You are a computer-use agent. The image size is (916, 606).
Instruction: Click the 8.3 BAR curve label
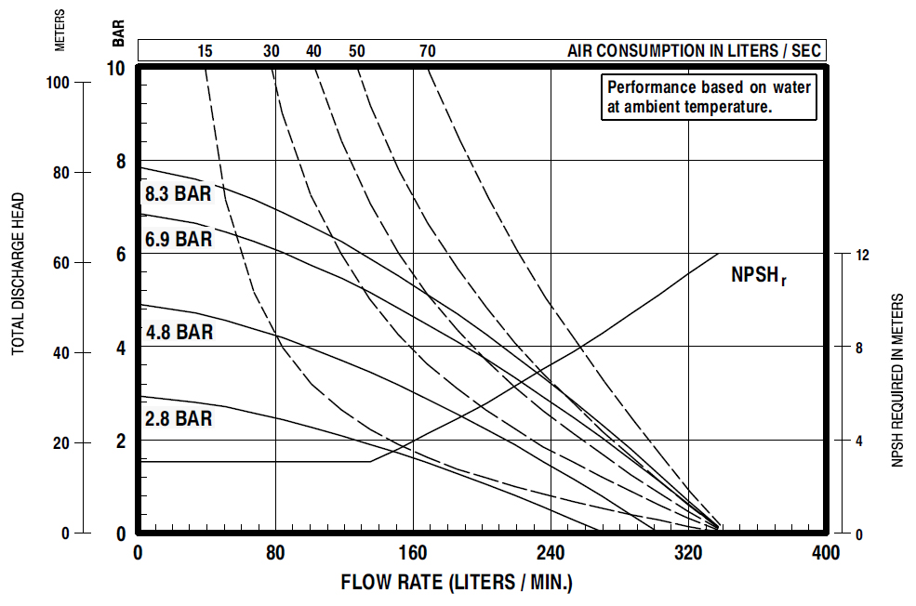(x=178, y=194)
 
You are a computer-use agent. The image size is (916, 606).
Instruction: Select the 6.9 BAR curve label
(x=179, y=239)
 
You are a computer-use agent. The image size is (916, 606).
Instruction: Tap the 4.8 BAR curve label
(x=179, y=332)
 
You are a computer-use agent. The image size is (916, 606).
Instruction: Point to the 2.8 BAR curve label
(x=179, y=418)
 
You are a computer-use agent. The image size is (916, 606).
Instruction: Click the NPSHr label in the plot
(x=759, y=275)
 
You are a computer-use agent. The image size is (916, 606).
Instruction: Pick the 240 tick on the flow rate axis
(x=551, y=553)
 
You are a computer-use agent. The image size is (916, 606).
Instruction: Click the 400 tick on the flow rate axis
(x=826, y=553)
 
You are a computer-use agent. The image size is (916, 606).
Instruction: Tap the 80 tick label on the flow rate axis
(x=275, y=553)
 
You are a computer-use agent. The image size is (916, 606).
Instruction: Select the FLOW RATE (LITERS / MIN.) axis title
(x=457, y=584)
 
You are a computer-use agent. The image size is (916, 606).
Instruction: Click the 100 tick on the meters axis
(x=58, y=82)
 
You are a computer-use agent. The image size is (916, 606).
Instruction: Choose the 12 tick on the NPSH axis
(x=861, y=254)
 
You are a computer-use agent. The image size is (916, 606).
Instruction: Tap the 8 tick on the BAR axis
(x=120, y=161)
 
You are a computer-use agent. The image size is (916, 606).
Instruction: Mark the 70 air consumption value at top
(x=427, y=50)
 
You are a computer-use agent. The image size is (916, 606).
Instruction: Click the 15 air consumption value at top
(x=205, y=50)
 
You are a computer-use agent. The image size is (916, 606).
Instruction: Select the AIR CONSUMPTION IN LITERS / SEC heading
(x=694, y=50)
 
